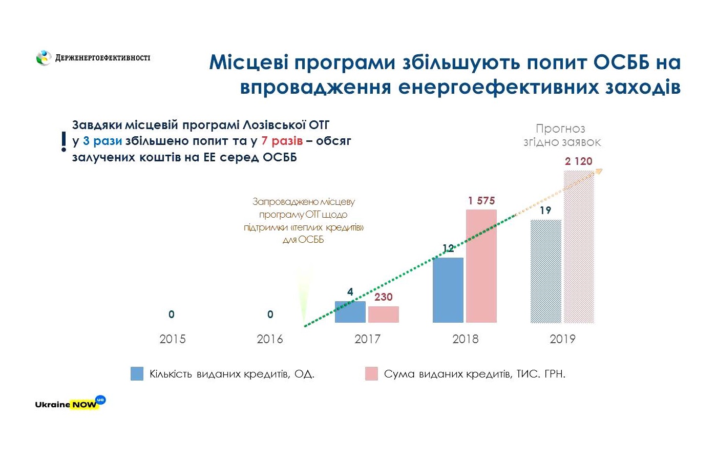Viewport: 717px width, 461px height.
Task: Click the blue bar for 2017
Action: pyautogui.click(x=350, y=312)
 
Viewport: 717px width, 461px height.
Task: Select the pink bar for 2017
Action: pyautogui.click(x=383, y=315)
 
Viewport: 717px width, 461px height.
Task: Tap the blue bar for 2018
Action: pyautogui.click(x=448, y=290)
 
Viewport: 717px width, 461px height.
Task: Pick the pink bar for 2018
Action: pyautogui.click(x=481, y=266)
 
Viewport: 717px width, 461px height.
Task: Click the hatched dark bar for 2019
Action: pyautogui.click(x=545, y=271)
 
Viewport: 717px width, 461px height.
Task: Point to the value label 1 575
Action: pyautogui.click(x=481, y=201)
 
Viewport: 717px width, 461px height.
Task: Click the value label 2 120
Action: pyautogui.click(x=579, y=161)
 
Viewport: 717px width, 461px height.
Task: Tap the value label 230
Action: pyautogui.click(x=383, y=297)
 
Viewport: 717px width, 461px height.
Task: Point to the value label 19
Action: pyautogui.click(x=545, y=210)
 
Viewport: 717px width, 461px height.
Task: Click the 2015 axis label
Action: pyautogui.click(x=172, y=339)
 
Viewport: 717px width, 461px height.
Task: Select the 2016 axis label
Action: pyautogui.click(x=269, y=339)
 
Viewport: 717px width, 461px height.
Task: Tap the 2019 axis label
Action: pyautogui.click(x=562, y=339)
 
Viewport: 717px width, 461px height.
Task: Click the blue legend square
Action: pyautogui.click(x=137, y=373)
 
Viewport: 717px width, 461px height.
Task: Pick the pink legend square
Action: pyautogui.click(x=371, y=373)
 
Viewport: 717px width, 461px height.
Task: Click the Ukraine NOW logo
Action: pyautogui.click(x=69, y=403)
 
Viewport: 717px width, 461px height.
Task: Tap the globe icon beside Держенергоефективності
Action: pyautogui.click(x=44, y=58)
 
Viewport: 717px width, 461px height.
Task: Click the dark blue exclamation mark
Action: pyautogui.click(x=64, y=141)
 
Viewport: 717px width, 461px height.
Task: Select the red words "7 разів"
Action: pyautogui.click(x=282, y=141)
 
